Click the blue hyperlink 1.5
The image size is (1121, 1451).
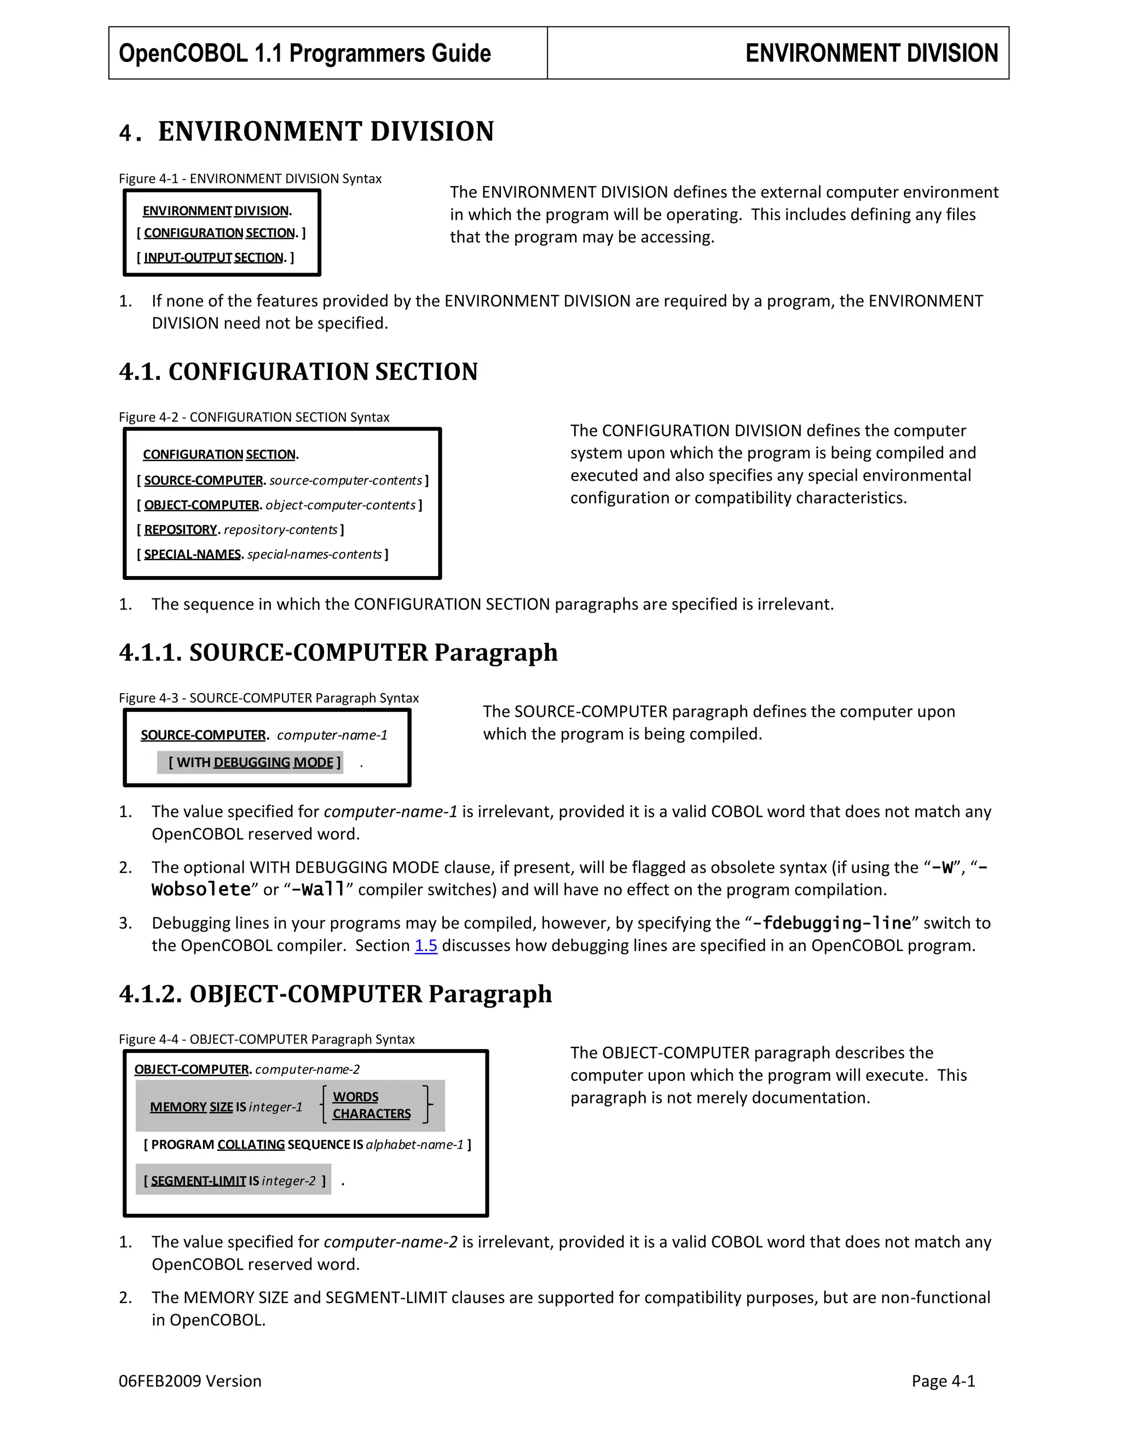(426, 946)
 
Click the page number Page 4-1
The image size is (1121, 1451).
(943, 1381)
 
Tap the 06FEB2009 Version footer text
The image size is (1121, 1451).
(190, 1381)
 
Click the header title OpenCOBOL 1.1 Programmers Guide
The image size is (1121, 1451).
(305, 53)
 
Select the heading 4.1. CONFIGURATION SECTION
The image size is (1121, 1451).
(298, 371)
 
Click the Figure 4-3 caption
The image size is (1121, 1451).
(268, 698)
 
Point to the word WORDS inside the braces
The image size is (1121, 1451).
(355, 1097)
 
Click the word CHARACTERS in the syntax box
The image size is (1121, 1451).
(371, 1114)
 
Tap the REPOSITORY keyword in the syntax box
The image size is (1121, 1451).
(181, 529)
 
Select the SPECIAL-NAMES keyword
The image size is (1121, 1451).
(193, 554)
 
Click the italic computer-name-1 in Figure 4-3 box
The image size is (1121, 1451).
(332, 735)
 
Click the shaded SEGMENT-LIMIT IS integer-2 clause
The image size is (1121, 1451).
(234, 1181)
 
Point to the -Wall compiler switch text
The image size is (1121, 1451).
(318, 890)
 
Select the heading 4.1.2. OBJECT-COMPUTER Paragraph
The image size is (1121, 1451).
(336, 994)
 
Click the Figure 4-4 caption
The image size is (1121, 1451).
(267, 1039)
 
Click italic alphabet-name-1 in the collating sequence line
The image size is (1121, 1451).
(414, 1145)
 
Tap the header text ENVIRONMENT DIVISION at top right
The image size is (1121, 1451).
(871, 53)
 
